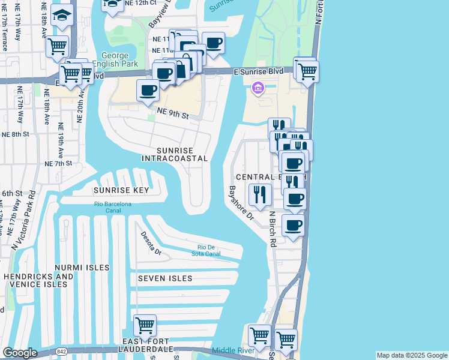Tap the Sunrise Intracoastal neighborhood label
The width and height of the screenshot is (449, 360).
point(175,154)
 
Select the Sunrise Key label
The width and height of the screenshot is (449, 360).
point(120,190)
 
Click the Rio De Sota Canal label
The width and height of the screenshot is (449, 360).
point(209,250)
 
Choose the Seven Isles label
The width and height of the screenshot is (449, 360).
point(165,278)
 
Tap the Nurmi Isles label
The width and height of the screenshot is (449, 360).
point(82,267)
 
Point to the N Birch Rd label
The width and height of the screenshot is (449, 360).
point(272,229)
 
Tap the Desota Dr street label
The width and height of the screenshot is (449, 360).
point(151,243)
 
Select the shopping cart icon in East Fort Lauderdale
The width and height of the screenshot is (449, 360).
point(145,326)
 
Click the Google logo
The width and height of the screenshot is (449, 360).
point(20,353)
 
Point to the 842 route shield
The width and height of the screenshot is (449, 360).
point(46,350)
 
